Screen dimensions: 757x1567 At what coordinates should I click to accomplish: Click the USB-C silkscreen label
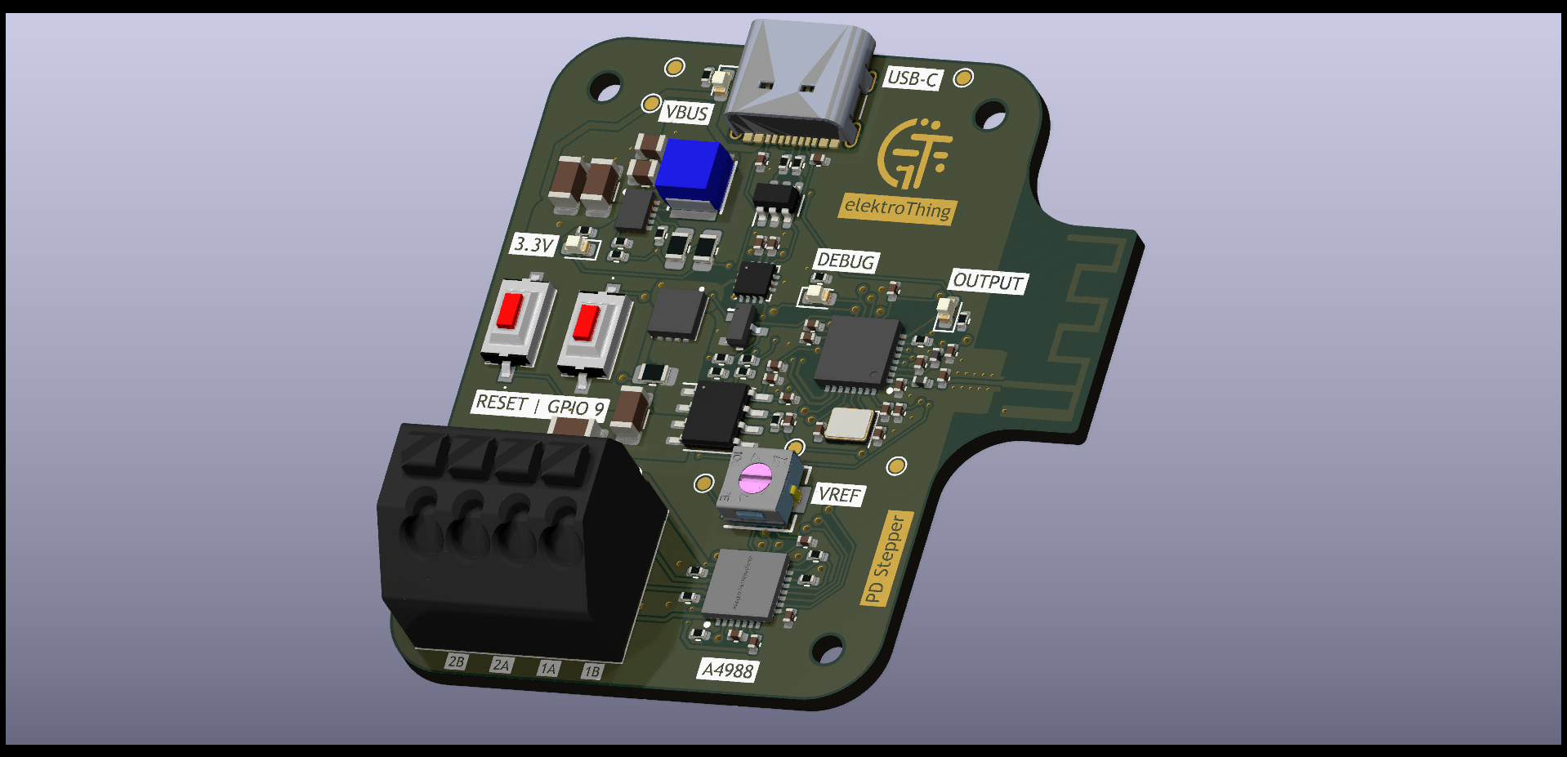tap(912, 78)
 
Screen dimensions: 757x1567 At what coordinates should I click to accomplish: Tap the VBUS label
tap(686, 113)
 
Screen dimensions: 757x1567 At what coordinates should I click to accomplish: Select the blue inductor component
tap(693, 173)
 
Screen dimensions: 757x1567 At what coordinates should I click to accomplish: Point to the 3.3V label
tap(533, 244)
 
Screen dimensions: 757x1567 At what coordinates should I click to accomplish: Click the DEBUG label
tap(846, 261)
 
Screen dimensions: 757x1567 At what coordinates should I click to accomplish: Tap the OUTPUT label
tap(988, 282)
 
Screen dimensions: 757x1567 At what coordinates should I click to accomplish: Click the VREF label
tap(839, 495)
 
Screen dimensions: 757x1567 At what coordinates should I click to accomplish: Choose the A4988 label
tap(727, 670)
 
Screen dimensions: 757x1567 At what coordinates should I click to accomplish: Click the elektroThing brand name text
tap(897, 208)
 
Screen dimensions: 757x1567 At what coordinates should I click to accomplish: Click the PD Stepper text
tap(886, 559)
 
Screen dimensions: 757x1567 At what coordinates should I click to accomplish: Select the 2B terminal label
tap(456, 661)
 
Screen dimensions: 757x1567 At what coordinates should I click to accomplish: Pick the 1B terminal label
tap(592, 671)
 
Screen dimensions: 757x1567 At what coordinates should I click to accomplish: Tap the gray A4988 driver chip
tap(744, 585)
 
